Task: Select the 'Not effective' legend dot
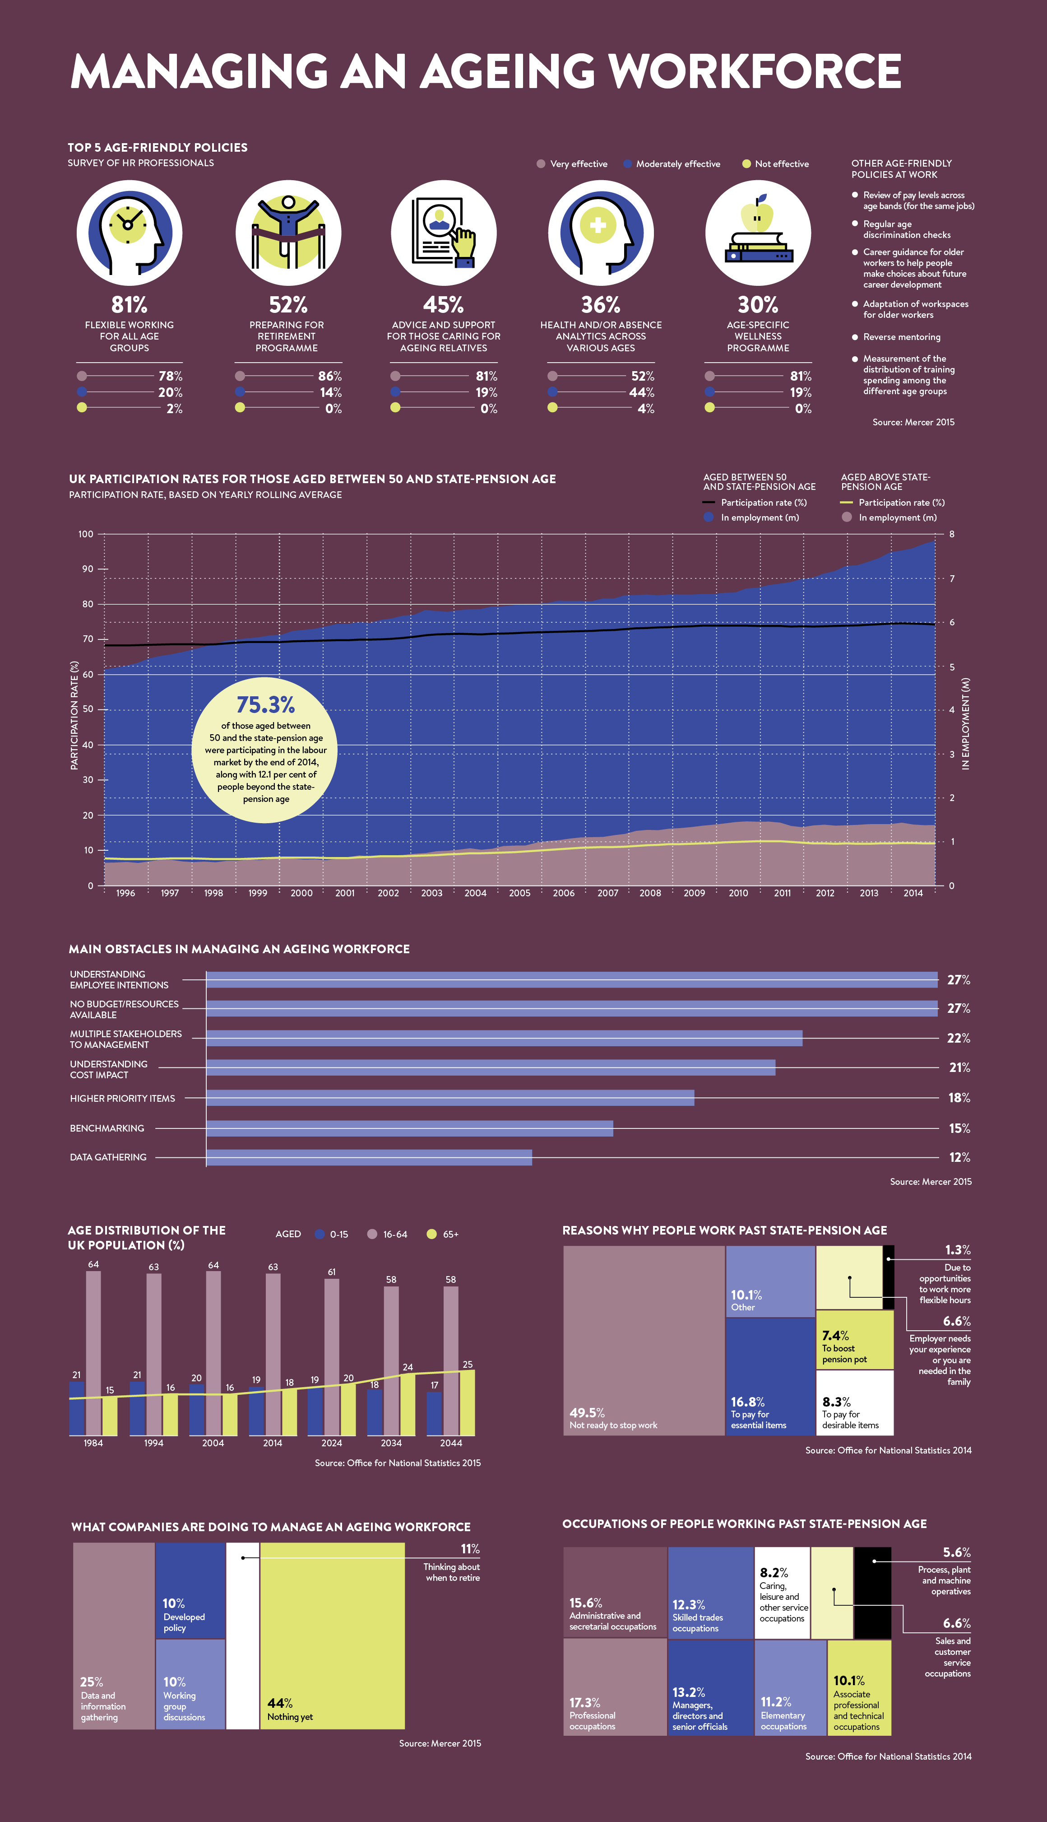[x=746, y=164]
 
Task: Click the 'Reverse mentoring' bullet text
[x=901, y=337]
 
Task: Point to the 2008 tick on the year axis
[x=650, y=893]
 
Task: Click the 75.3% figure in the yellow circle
[x=265, y=704]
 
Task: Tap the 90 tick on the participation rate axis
[x=87, y=569]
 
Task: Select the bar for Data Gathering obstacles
[x=369, y=1157]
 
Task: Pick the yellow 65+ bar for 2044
[x=467, y=1403]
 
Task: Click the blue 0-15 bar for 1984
[x=77, y=1408]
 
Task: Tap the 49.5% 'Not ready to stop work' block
[x=644, y=1338]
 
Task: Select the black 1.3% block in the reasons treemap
[x=888, y=1277]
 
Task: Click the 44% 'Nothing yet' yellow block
[x=332, y=1636]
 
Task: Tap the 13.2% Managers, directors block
[x=710, y=1687]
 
